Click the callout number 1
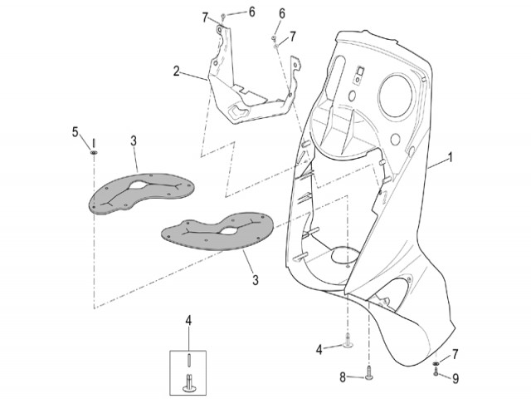point(450,158)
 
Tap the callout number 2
point(176,71)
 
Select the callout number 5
point(75,132)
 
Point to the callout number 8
point(343,377)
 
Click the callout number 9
point(455,378)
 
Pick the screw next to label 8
point(368,373)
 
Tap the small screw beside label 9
point(436,373)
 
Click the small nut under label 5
point(94,152)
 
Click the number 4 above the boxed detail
point(188,320)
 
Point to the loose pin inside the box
point(188,360)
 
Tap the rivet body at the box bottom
point(188,382)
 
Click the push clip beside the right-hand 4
point(348,340)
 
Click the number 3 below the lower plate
point(256,280)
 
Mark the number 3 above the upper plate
point(134,140)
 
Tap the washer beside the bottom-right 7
point(436,364)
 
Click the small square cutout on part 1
point(359,71)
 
